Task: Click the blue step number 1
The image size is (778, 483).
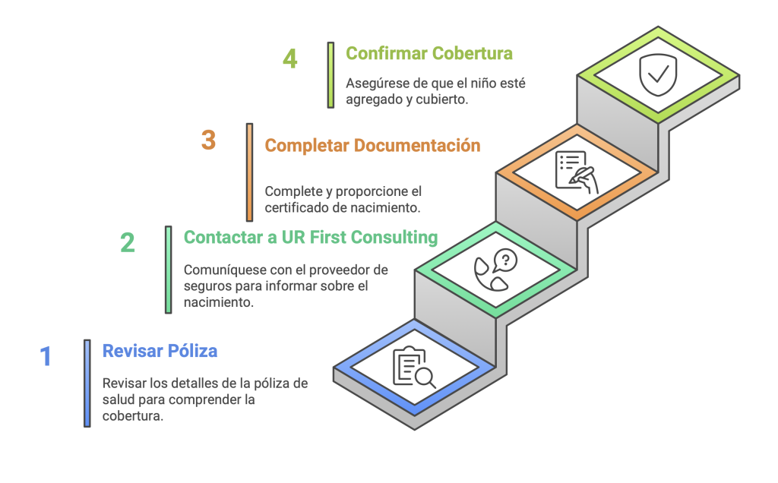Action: pyautogui.click(x=46, y=356)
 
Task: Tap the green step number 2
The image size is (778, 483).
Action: pyautogui.click(x=128, y=243)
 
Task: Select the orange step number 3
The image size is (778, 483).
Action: pyautogui.click(x=208, y=140)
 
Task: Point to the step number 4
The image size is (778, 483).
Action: pyautogui.click(x=289, y=58)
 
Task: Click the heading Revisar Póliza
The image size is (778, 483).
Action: pyautogui.click(x=160, y=351)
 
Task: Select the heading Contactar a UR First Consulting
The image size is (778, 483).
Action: pyautogui.click(x=311, y=238)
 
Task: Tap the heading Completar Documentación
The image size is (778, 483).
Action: pyautogui.click(x=372, y=146)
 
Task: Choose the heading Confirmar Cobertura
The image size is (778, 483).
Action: pyautogui.click(x=429, y=54)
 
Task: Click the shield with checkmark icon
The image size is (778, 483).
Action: pyautogui.click(x=658, y=75)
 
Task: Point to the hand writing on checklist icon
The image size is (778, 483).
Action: pyautogui.click(x=577, y=172)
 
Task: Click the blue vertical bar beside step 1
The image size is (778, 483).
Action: pyautogui.click(x=87, y=384)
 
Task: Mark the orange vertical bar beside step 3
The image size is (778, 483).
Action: pyautogui.click(x=249, y=172)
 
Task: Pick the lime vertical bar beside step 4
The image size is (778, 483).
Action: pyautogui.click(x=331, y=75)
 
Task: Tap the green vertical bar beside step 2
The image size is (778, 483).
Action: pyautogui.click(x=169, y=270)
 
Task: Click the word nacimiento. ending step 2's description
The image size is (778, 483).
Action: pyautogui.click(x=219, y=302)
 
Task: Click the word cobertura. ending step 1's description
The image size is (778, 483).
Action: pyautogui.click(x=133, y=415)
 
